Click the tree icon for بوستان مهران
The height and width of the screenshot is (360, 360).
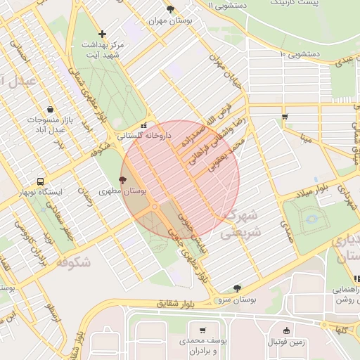coord(170,8)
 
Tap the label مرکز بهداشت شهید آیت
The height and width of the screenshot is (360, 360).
coord(102,49)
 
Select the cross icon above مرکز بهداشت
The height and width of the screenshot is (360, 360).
coord(103,33)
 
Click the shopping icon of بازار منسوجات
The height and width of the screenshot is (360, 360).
coord(51,109)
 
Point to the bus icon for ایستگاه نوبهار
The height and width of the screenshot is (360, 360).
coord(41,181)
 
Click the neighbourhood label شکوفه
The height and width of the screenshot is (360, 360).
coord(72,262)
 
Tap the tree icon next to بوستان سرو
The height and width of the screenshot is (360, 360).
coord(237,288)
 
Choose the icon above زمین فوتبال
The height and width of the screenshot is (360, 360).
coord(286,330)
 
